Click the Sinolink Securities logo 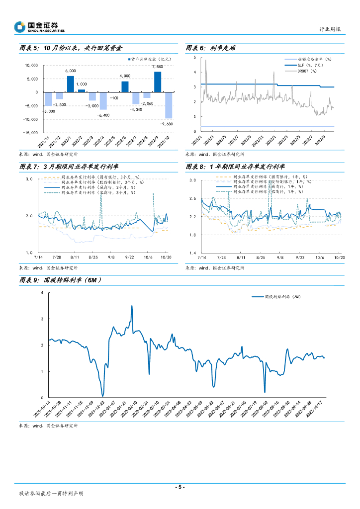point(39,27)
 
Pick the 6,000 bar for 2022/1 point(71,84)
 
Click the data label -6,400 point(103,115)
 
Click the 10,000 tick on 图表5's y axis point(31,65)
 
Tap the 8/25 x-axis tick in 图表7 point(93,257)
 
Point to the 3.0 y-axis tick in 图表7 point(28,179)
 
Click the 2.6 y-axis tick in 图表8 point(193,198)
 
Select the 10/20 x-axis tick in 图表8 point(339,257)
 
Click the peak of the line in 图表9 point(132,306)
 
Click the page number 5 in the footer point(180,487)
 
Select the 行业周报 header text point(329,29)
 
